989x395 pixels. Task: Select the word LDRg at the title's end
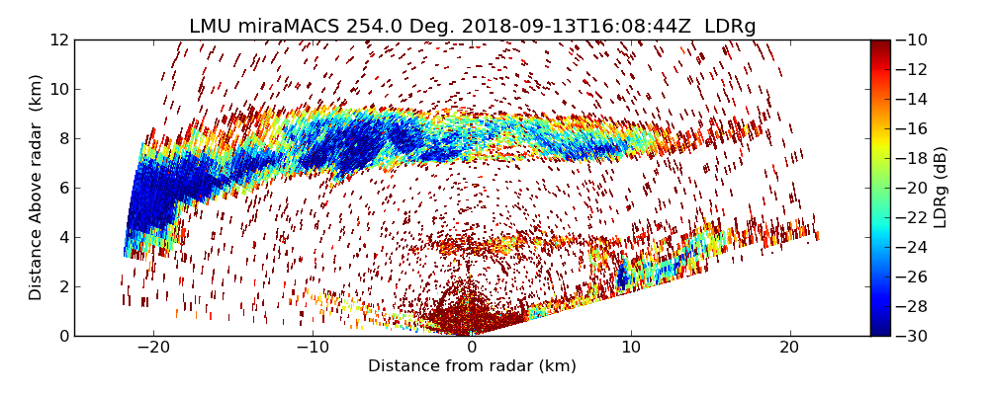pyautogui.click(x=730, y=27)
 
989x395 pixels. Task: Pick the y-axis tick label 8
pyautogui.click(x=62, y=138)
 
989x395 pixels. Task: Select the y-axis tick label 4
pyautogui.click(x=62, y=237)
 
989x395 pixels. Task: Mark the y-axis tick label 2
pyautogui.click(x=62, y=286)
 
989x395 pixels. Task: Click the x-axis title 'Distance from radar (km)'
pyautogui.click(x=472, y=366)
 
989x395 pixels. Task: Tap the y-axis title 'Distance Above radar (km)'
pyautogui.click(x=37, y=187)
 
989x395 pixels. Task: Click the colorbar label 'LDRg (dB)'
pyautogui.click(x=941, y=187)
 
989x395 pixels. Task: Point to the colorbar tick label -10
pyautogui.click(x=912, y=39)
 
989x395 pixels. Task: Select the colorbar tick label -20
pyautogui.click(x=912, y=188)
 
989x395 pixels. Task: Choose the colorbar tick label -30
pyautogui.click(x=912, y=336)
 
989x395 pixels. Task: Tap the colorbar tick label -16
pyautogui.click(x=912, y=128)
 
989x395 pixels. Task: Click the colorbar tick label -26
pyautogui.click(x=912, y=276)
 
